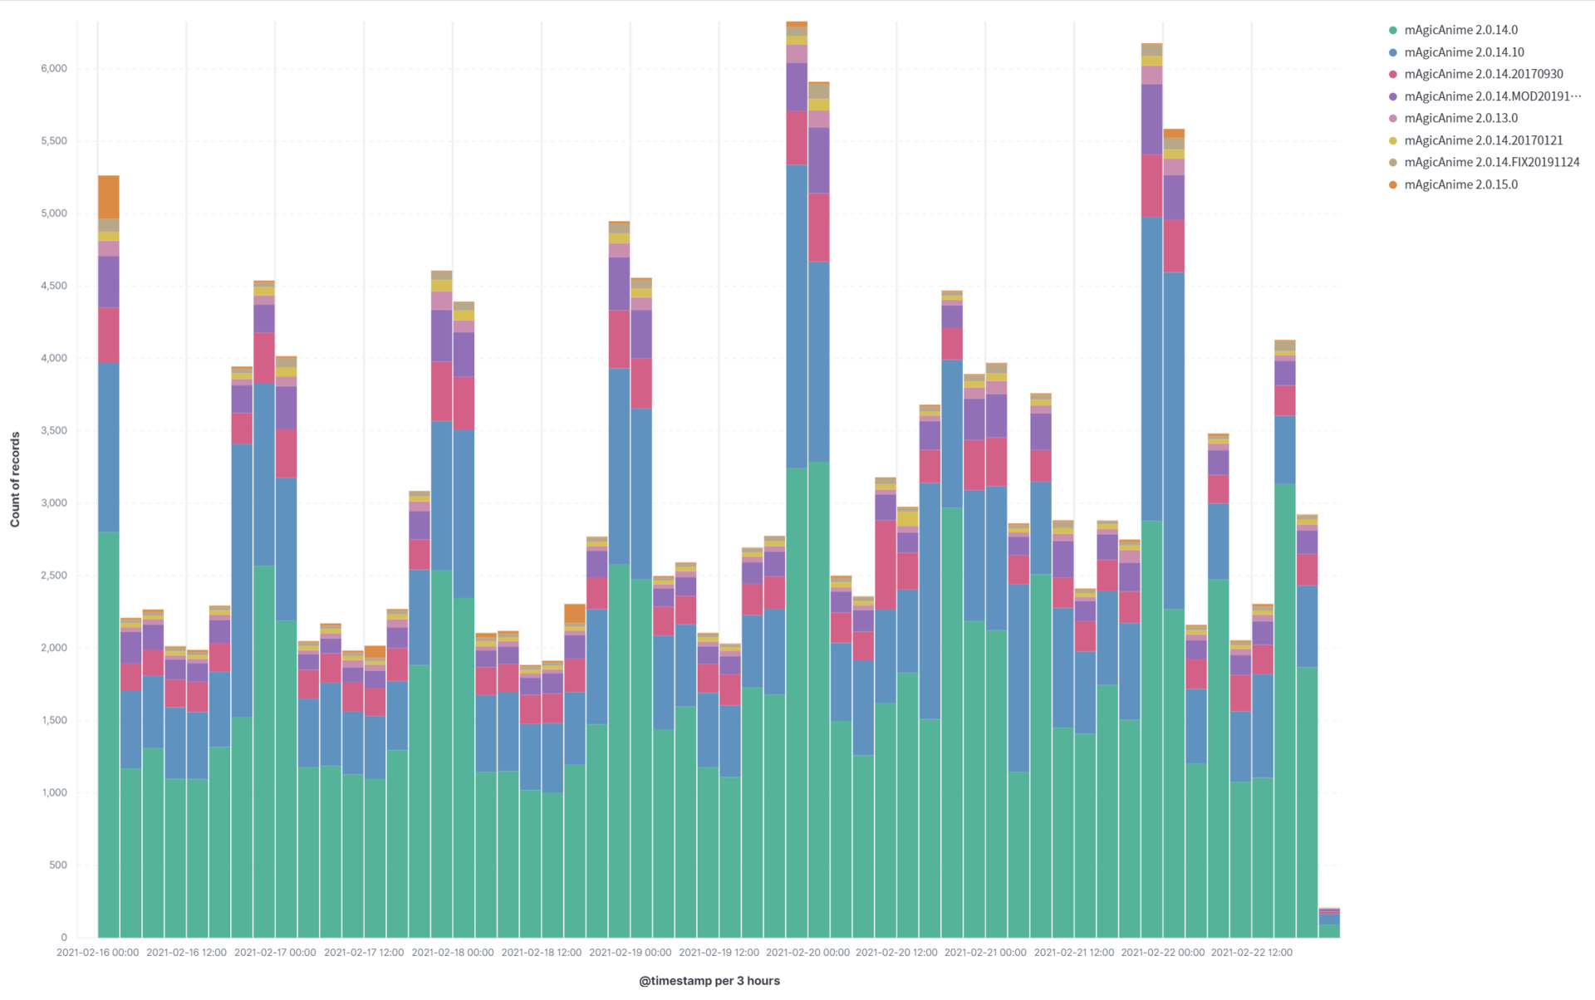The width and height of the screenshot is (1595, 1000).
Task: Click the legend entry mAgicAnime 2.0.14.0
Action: coord(1460,30)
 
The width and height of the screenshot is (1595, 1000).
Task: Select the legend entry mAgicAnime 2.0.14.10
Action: coord(1463,52)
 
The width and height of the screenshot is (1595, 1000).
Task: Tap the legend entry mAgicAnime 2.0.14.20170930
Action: coord(1483,74)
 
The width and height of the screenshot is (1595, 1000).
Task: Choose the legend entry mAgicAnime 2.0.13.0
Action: coord(1460,118)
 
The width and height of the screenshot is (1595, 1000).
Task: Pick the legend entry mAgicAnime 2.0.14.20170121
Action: coord(1483,140)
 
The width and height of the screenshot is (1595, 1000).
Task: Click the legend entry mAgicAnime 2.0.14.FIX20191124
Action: coord(1491,162)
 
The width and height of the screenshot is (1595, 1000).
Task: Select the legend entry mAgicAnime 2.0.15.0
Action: coord(1460,184)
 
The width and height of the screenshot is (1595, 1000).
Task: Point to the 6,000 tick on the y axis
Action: coord(53,68)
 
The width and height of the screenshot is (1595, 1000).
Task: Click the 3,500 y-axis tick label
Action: coord(53,430)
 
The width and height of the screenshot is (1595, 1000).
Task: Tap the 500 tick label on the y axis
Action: coord(57,865)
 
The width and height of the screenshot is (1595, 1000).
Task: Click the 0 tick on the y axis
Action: coord(63,937)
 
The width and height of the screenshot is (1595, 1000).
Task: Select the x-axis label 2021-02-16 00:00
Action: coord(97,953)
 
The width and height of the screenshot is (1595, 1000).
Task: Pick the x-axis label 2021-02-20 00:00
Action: coord(807,953)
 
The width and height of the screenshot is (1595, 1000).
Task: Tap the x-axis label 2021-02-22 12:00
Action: coord(1251,953)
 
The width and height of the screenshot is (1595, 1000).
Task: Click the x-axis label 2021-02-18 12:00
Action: coord(541,953)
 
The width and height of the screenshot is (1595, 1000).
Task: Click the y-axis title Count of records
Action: coord(15,479)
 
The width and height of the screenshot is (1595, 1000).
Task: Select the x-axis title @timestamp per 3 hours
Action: coord(709,981)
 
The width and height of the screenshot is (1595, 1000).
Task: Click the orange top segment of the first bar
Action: coord(109,197)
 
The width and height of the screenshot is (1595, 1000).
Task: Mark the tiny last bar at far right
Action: coord(1329,924)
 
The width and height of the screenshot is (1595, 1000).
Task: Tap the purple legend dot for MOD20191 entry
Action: coord(1393,96)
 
